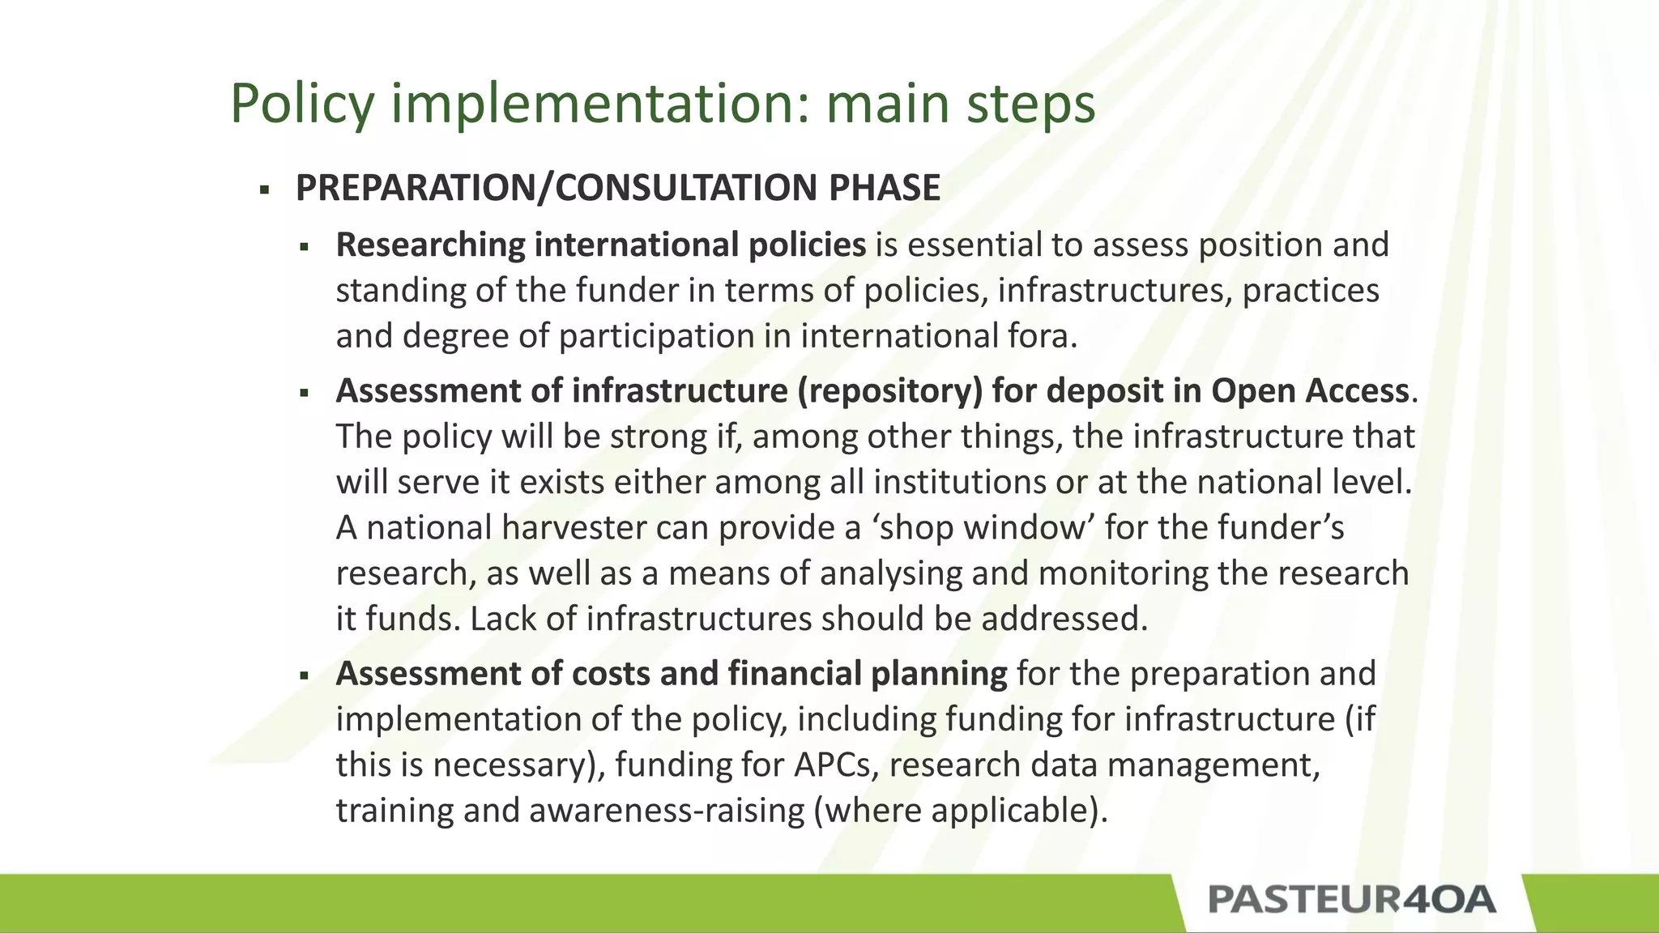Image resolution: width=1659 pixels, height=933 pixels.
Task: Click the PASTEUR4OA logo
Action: pos(1351,900)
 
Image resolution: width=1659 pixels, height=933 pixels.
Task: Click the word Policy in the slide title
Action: pos(302,104)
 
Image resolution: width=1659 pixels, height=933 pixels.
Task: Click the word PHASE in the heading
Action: pos(884,188)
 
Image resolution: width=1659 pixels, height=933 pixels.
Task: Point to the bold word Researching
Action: pos(430,245)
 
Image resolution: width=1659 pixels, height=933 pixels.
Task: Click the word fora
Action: pos(1048,336)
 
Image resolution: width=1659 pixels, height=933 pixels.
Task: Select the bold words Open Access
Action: pos(1310,391)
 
